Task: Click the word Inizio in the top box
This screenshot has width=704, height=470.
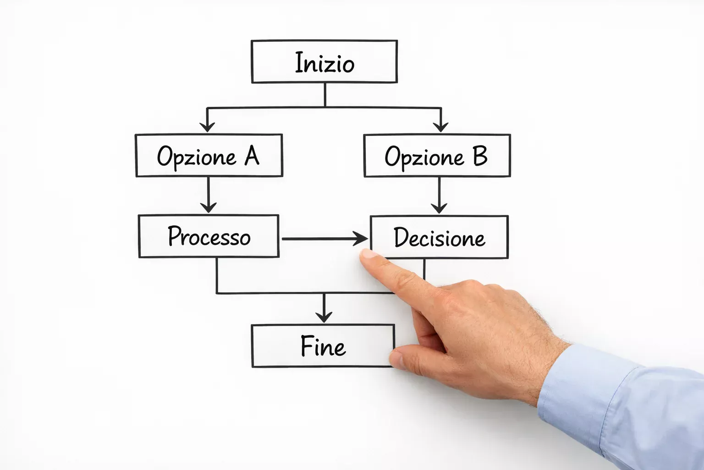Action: coord(324,63)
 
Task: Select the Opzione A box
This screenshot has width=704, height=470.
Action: coord(209,156)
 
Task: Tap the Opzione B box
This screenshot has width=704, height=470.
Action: coord(437,156)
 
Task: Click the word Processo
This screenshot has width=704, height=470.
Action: coord(209,236)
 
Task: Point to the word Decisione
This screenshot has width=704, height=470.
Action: coord(439,238)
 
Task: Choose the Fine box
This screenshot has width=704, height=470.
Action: coord(323,346)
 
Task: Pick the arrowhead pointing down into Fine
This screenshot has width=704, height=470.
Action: coord(324,316)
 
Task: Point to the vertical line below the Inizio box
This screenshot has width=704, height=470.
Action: coord(325,95)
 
